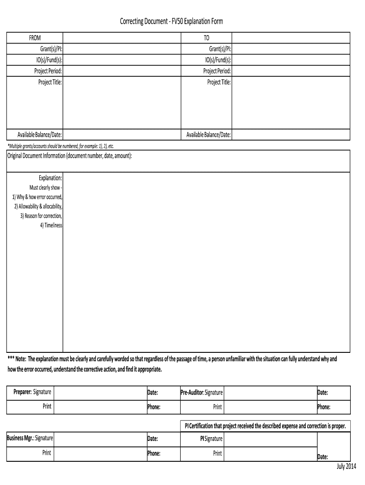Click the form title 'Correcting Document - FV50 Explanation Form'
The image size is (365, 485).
tap(171, 22)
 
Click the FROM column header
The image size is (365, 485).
tap(35, 38)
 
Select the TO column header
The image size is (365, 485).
tap(206, 38)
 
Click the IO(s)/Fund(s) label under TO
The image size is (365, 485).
tap(218, 60)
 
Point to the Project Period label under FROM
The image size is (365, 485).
tap(48, 71)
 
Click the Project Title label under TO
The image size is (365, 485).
tap(219, 82)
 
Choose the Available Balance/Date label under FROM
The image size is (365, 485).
tap(40, 135)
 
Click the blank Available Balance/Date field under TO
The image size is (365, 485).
tap(291, 135)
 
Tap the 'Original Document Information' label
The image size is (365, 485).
tap(70, 156)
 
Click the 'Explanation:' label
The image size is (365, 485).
tap(50, 178)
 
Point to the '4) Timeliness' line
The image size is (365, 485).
tap(51, 225)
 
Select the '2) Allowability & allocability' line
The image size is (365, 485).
tap(38, 207)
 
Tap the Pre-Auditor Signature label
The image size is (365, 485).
tap(201, 393)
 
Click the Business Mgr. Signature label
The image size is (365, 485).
tap(30, 439)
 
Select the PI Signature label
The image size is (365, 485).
tap(211, 439)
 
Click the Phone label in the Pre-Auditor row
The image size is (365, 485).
tap(324, 407)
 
